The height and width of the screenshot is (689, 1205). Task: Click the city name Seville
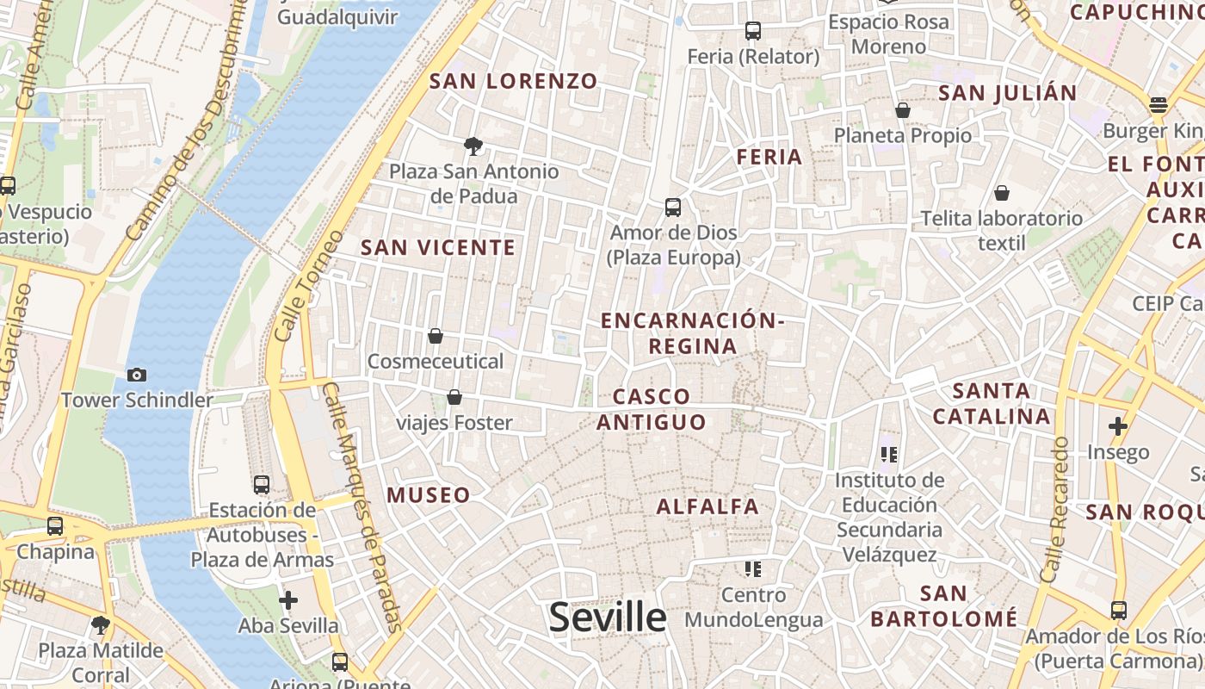[608, 618]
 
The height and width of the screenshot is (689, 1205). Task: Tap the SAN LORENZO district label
[513, 82]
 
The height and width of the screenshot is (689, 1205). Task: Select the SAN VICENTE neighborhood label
[438, 248]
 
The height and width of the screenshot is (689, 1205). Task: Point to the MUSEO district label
[429, 495]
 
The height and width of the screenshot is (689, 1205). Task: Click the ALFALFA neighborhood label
[708, 506]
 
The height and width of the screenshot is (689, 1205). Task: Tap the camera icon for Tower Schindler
[136, 375]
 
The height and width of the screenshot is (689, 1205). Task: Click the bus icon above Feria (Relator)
[753, 31]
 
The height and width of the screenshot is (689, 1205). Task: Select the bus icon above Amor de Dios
[673, 208]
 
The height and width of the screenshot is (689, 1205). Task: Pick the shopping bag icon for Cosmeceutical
[436, 336]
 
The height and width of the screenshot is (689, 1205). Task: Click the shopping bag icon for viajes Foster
[454, 397]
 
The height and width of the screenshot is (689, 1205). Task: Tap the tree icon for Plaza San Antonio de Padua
[473, 146]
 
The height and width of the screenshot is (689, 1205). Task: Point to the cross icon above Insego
[1118, 426]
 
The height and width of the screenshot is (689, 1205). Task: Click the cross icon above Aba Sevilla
[288, 599]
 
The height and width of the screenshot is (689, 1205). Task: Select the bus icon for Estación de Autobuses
[262, 485]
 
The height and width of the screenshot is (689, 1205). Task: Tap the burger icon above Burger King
[1159, 106]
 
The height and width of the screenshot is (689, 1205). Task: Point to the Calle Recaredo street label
[1054, 508]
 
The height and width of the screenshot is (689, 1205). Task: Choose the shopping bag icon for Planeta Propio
[903, 110]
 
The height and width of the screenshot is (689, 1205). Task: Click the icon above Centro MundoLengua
[753, 569]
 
